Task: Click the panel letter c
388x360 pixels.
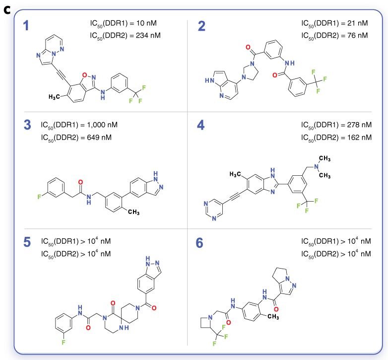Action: (x=7, y=8)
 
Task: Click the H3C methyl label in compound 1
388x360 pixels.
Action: (x=53, y=96)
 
